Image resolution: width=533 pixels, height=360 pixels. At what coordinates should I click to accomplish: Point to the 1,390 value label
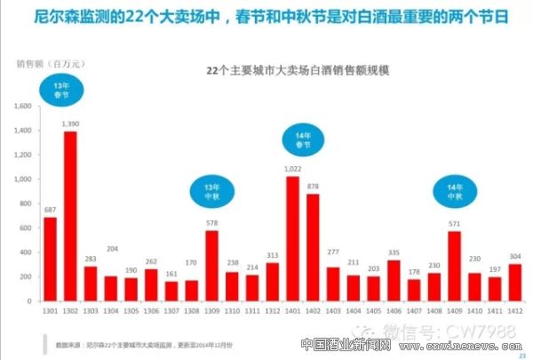pyautogui.click(x=71, y=123)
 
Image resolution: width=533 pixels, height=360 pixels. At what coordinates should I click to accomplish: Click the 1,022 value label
pyautogui.click(x=293, y=168)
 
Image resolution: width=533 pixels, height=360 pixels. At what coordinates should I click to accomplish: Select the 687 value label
pyautogui.click(x=51, y=209)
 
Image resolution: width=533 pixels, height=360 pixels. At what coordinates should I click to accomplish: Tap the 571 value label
pyautogui.click(x=454, y=223)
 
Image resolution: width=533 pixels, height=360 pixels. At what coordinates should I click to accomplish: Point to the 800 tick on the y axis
pyautogui.click(x=27, y=204)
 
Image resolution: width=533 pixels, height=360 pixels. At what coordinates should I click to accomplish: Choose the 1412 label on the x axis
pyautogui.click(x=514, y=311)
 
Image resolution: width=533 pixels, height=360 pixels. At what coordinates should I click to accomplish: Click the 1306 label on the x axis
pyautogui.click(x=151, y=311)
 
